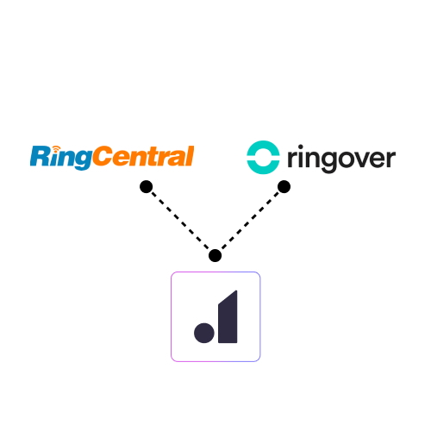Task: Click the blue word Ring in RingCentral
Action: click(x=61, y=158)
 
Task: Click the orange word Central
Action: click(x=143, y=156)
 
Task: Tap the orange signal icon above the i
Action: click(x=56, y=149)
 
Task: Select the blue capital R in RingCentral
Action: click(x=41, y=156)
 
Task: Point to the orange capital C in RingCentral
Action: click(x=103, y=156)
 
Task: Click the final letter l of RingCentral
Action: click(x=190, y=156)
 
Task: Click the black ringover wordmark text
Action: click(x=341, y=159)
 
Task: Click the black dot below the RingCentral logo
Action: click(x=147, y=187)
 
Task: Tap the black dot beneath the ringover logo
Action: click(x=284, y=187)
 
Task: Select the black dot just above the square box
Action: click(x=215, y=255)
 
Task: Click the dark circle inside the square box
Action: click(x=204, y=333)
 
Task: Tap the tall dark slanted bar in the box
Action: click(x=228, y=316)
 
